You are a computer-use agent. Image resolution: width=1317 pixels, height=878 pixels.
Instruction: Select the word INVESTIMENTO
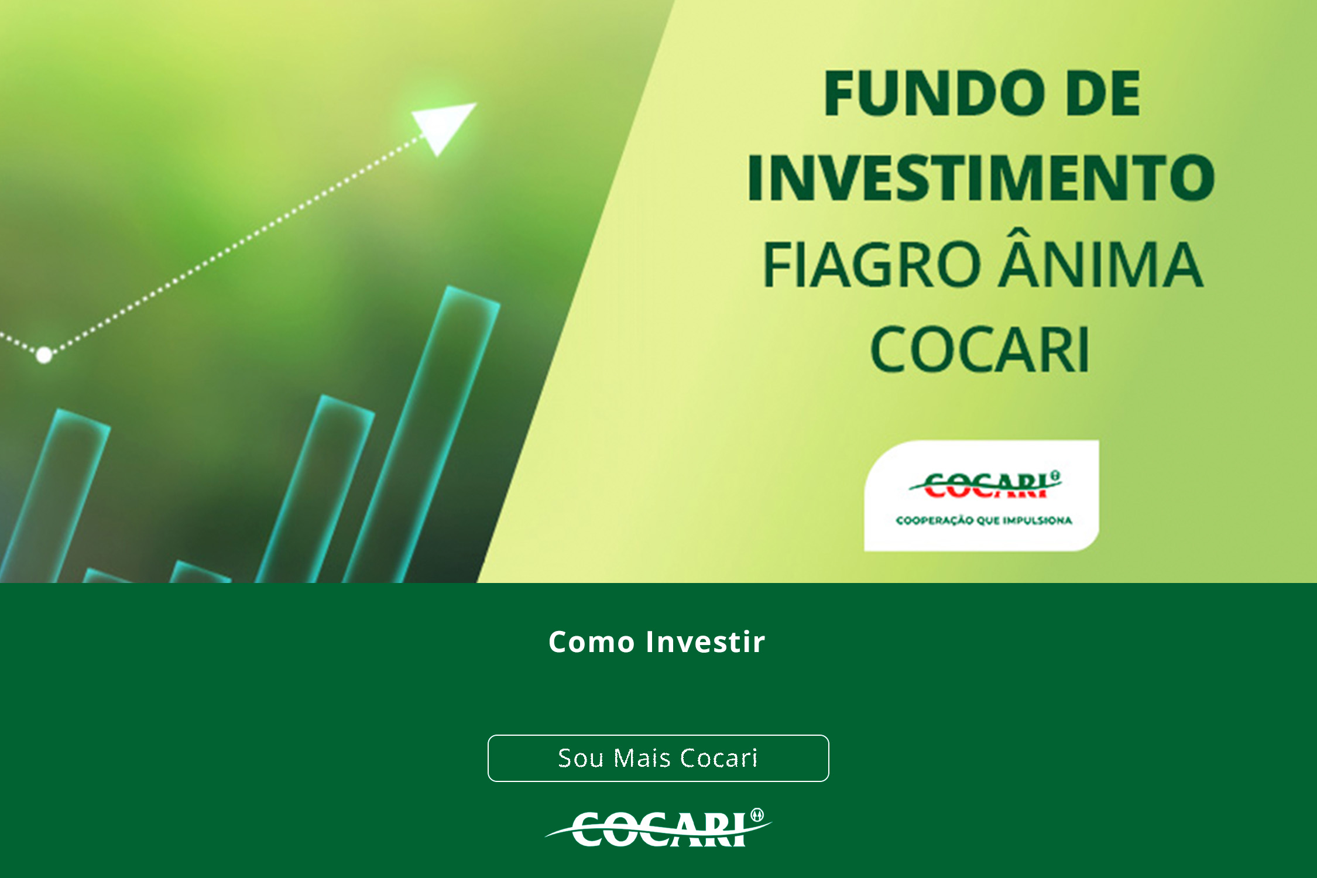981,177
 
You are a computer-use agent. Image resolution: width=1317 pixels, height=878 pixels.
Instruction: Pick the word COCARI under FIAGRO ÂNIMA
980,349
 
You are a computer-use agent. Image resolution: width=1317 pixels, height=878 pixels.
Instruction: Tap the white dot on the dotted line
44,355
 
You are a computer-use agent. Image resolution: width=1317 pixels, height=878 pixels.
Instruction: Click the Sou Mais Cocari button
658,758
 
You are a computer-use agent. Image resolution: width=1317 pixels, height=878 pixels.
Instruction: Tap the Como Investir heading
657,642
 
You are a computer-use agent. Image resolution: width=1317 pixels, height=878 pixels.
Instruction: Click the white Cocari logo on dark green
658,828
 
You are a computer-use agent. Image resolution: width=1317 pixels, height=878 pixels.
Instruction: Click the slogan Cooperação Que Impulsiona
984,520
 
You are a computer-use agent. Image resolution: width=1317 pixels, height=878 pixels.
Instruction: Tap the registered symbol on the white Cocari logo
757,815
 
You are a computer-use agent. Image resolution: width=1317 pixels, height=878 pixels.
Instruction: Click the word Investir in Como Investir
705,642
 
